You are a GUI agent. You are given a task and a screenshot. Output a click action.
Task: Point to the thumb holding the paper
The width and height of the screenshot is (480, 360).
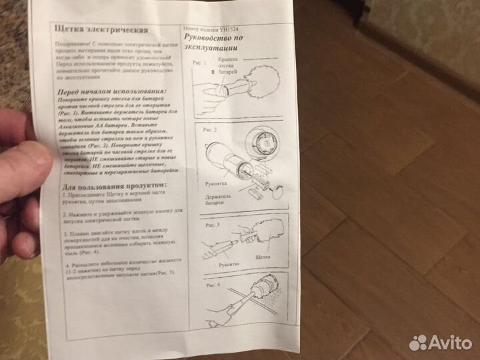27,157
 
